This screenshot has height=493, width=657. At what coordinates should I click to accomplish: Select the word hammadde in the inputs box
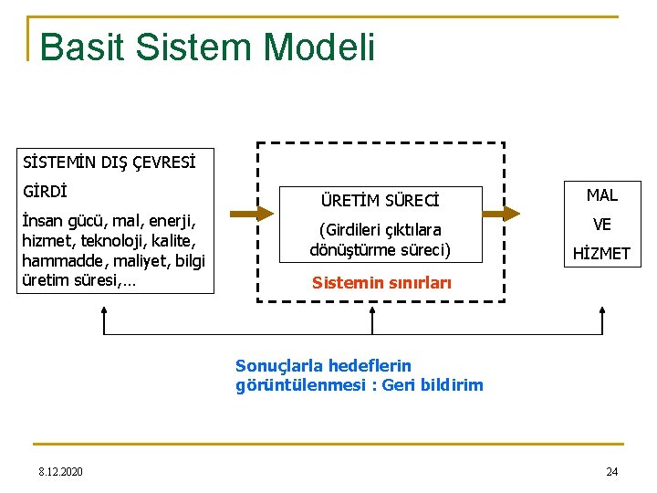(60, 260)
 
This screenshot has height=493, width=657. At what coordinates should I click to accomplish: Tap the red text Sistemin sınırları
(381, 283)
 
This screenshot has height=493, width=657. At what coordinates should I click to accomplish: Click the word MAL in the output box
(601, 194)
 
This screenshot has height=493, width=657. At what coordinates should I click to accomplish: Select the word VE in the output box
(601, 225)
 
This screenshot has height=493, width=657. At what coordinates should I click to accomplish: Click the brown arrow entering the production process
(252, 213)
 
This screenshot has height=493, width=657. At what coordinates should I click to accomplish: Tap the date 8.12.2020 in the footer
(60, 471)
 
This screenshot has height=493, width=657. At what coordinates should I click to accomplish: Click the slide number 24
(611, 471)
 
